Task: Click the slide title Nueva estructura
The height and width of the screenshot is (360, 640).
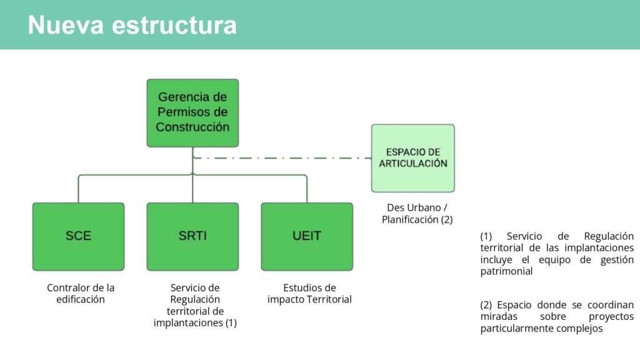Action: coord(132,25)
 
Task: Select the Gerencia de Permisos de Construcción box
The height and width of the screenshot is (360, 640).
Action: coord(192,113)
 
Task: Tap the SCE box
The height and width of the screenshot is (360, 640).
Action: coord(78,236)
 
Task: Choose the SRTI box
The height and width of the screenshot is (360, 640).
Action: coord(192,236)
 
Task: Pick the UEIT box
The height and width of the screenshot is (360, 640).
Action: coord(307,236)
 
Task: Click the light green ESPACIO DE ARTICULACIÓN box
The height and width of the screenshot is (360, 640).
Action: coord(413,158)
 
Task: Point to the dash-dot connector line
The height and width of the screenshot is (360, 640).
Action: coord(282,158)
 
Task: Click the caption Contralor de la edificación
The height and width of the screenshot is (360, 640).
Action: coord(81,294)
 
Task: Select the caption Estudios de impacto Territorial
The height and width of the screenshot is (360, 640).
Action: coord(309,294)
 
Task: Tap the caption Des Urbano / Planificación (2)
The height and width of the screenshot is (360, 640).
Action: coord(417,214)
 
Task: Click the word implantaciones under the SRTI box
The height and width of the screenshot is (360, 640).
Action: coord(188,323)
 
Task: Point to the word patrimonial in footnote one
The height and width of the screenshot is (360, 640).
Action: coord(506,271)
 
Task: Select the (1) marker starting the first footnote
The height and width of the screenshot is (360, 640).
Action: coord(486,236)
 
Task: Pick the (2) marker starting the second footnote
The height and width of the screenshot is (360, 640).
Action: coord(486,305)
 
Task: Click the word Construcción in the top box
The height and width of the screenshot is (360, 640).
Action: coord(192,127)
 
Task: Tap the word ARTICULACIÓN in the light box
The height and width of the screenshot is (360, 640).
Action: coord(413,164)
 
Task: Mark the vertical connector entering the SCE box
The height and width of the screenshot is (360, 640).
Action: coord(78,189)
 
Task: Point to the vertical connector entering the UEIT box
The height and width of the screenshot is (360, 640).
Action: coord(307,189)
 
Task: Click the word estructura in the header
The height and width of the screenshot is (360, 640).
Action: coord(174,25)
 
